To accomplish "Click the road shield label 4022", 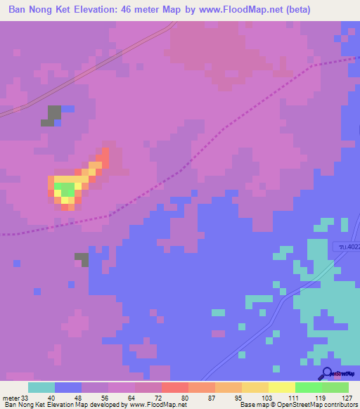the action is pyautogui.click(x=346, y=246).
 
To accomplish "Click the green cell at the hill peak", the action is pyautogui.click(x=67, y=189).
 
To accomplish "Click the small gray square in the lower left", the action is pyautogui.click(x=82, y=259).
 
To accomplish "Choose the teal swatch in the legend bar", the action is pyautogui.click(x=41, y=387).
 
